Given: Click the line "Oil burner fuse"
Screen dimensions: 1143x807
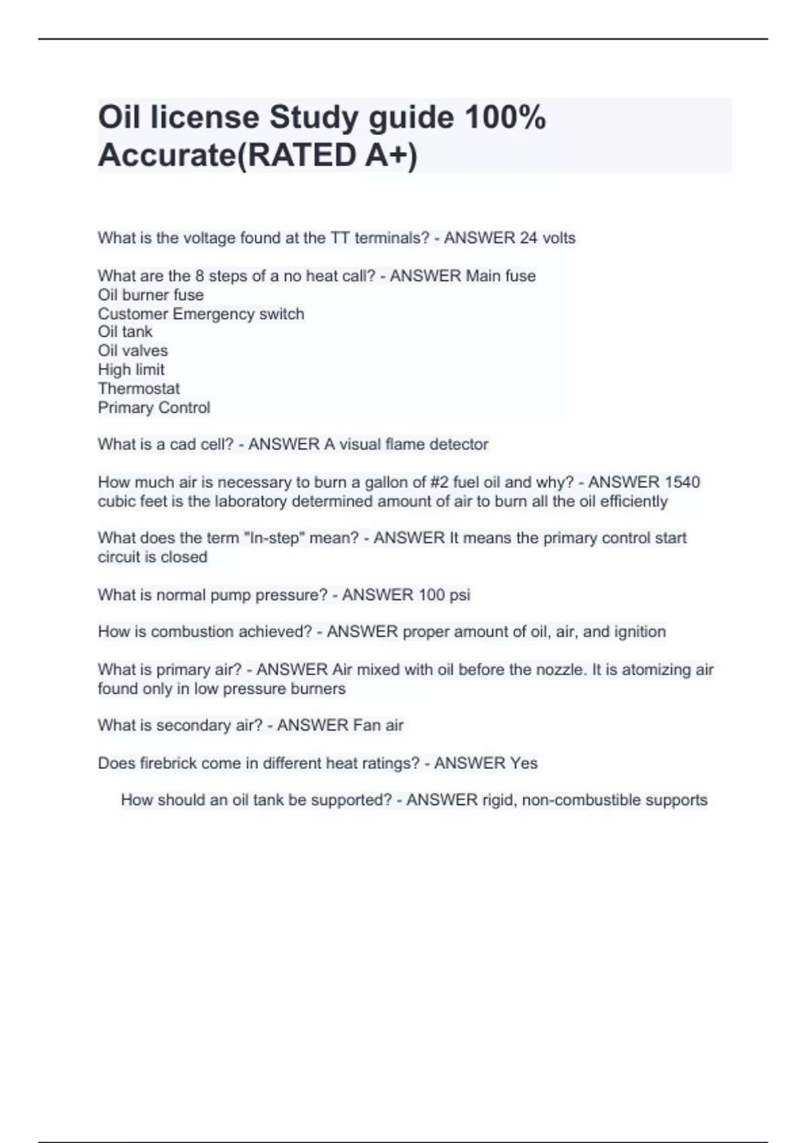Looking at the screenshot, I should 151,294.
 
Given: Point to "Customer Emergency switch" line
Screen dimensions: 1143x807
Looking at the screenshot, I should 200,314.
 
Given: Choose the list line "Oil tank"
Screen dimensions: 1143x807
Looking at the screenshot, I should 125,331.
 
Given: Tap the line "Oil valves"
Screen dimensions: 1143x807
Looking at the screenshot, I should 132,350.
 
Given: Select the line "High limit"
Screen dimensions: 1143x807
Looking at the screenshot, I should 130,369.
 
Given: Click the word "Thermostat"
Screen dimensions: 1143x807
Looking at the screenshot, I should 139,389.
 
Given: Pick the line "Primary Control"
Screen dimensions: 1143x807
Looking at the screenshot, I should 153,407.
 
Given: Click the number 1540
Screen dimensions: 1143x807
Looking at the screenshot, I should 682,482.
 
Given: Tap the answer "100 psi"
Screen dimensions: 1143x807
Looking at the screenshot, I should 444,595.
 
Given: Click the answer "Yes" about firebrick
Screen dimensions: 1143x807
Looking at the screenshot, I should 524,763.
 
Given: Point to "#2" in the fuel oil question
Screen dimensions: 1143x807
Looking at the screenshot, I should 440,482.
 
